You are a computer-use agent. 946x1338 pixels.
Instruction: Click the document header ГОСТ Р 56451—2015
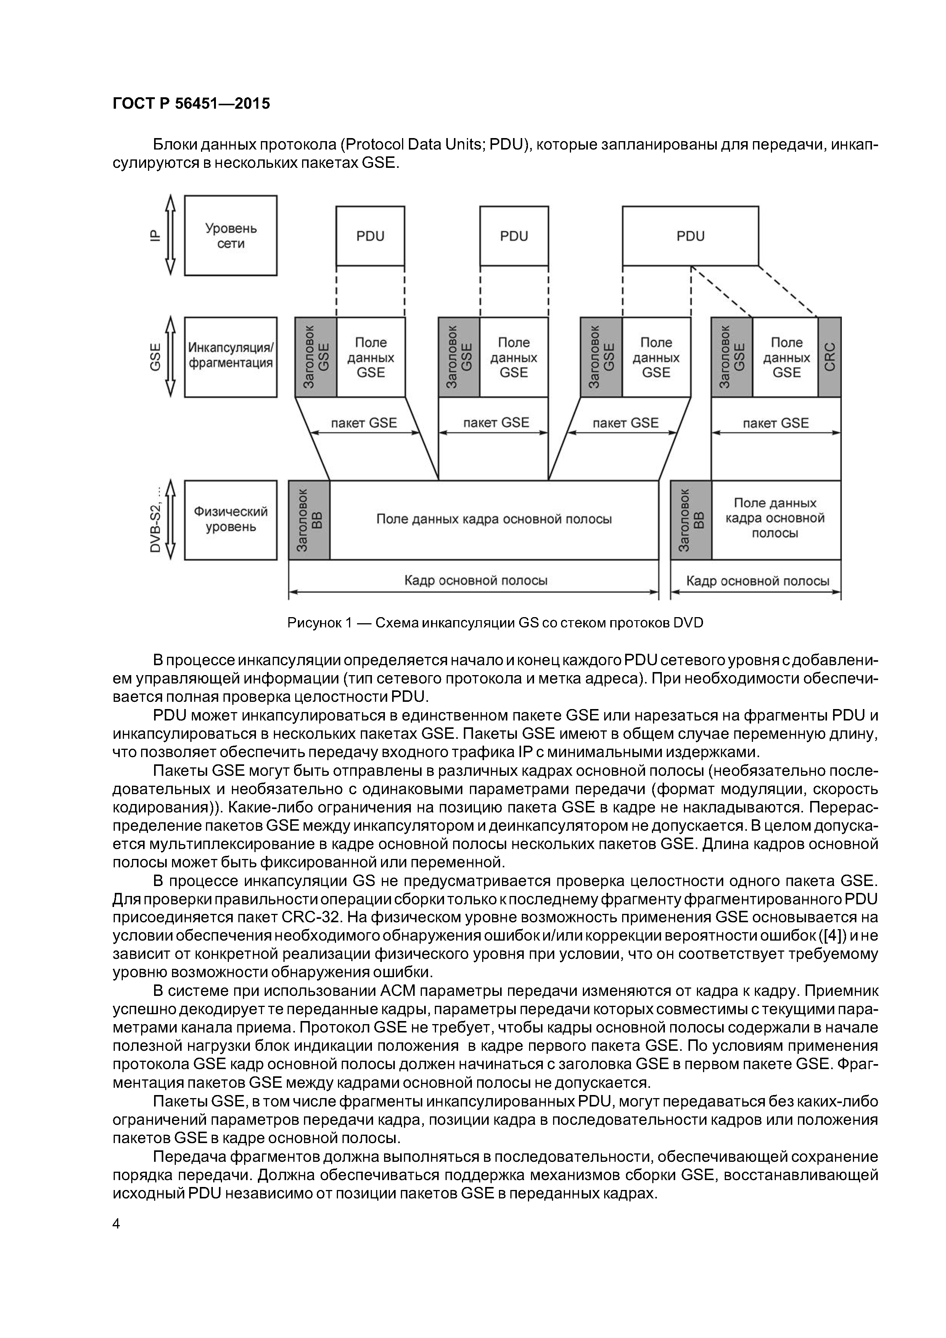coord(191,104)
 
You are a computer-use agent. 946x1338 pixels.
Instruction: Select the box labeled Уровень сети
coord(231,235)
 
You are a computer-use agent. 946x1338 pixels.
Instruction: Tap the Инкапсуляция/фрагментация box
coord(231,356)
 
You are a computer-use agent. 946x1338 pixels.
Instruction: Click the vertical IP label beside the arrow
coord(154,235)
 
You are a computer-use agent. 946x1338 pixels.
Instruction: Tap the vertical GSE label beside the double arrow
coord(155,357)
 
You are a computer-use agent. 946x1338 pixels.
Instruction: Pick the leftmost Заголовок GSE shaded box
coord(316,357)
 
